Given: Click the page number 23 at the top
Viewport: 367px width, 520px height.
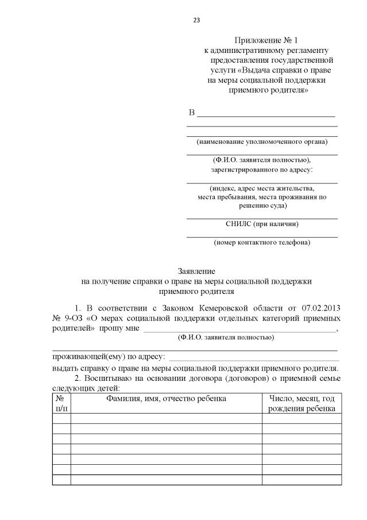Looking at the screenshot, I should (196, 20).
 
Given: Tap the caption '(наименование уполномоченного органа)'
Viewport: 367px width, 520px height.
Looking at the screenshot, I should (262, 142).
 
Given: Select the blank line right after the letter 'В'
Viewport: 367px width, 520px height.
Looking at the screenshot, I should (266, 113).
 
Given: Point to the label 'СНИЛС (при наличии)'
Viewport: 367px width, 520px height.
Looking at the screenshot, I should (262, 224).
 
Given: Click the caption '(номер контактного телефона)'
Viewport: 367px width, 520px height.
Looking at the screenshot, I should (262, 242).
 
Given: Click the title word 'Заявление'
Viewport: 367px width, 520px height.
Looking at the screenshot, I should (196, 270).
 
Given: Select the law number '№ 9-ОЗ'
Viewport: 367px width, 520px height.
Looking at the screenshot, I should (66, 318).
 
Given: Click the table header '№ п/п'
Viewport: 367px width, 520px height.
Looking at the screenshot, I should (61, 403).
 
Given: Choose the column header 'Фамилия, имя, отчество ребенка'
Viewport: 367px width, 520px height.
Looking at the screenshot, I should (166, 399).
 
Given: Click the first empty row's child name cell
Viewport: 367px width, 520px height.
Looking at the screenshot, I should (166, 418).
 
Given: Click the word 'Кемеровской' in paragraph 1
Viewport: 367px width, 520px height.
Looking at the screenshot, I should (229, 308).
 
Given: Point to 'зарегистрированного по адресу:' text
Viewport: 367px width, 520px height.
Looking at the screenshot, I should (262, 170).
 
